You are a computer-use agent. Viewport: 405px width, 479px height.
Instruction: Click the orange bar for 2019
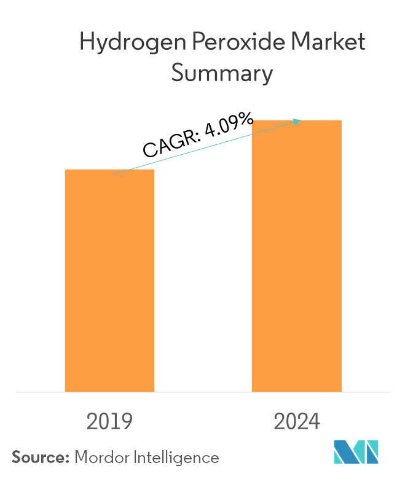click(x=109, y=280)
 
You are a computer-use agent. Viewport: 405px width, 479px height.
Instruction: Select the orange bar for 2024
click(x=297, y=255)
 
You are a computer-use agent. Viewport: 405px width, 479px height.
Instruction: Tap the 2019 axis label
click(x=110, y=423)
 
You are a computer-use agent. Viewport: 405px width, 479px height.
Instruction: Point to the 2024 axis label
click(x=297, y=423)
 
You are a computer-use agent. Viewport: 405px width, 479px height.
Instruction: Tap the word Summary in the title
click(x=221, y=74)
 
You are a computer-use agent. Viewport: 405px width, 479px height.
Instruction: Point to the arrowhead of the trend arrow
click(x=299, y=121)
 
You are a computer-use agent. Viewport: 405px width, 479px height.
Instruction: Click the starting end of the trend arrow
click(x=113, y=174)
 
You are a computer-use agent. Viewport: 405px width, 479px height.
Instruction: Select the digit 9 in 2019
click(x=125, y=423)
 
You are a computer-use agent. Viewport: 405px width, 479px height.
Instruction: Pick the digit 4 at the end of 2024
click(x=313, y=423)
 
